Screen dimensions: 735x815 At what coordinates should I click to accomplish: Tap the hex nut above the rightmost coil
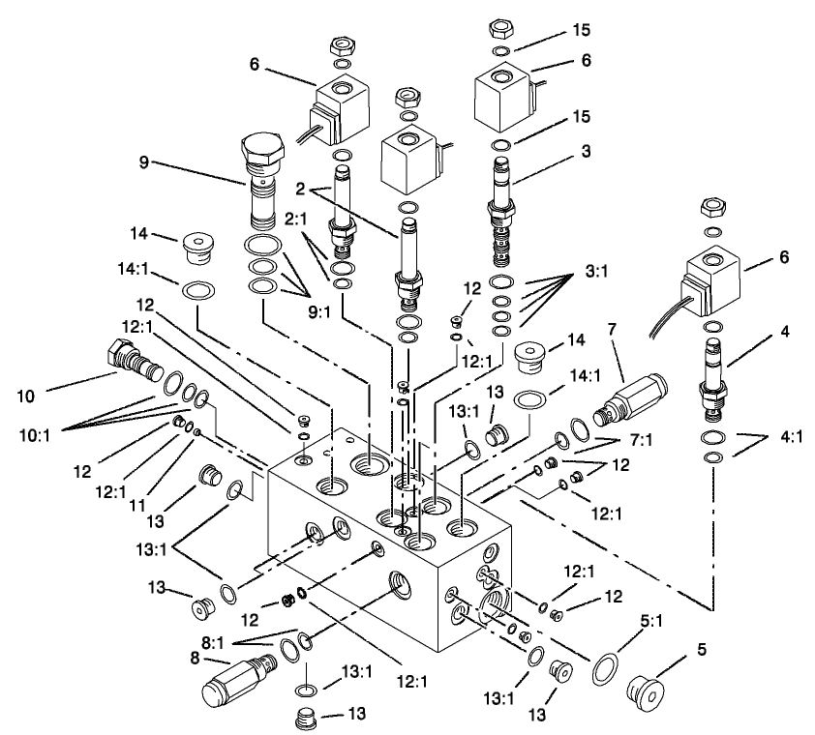point(712,208)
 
